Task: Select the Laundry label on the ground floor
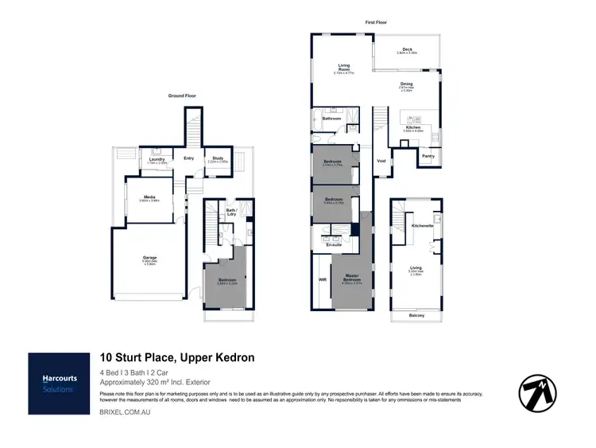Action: [157, 158]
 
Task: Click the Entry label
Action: [188, 158]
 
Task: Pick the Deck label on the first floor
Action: [407, 49]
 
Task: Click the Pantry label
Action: [428, 156]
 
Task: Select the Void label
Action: [381, 161]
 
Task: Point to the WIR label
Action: [321, 280]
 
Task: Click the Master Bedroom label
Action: [351, 278]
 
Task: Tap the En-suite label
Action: [334, 245]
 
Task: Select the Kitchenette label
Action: [421, 226]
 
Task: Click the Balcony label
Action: [416, 315]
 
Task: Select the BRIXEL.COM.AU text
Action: [125, 413]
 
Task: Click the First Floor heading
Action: [375, 22]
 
